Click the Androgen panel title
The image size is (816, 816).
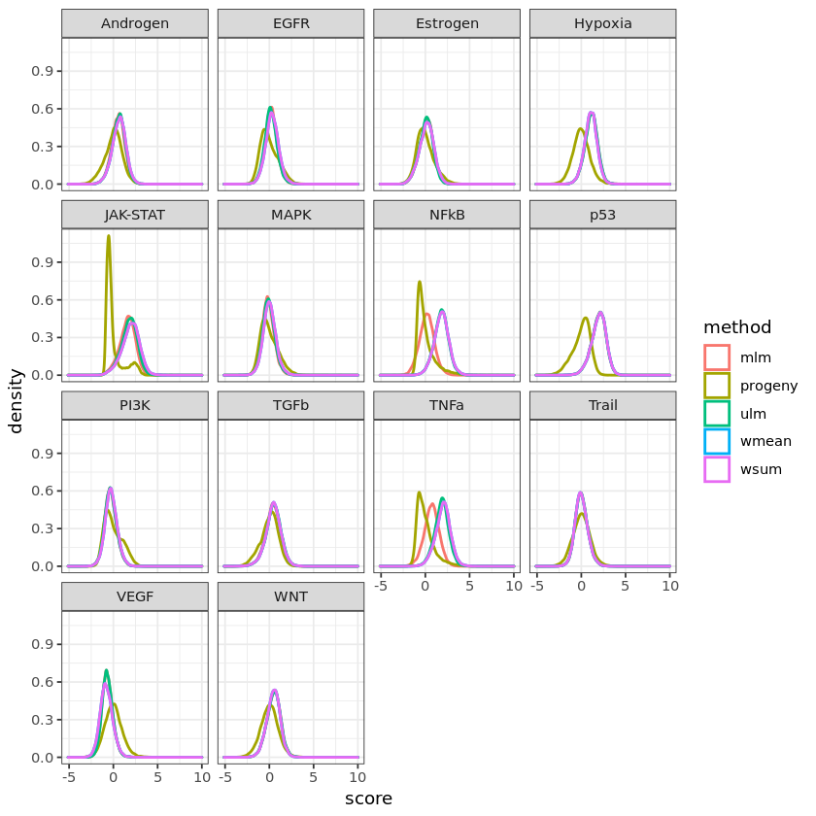point(134,23)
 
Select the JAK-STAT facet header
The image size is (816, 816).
point(134,215)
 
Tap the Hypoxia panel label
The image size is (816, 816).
point(602,23)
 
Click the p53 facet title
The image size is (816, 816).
point(602,215)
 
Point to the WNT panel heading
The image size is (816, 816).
point(290,596)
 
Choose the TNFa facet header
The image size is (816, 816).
point(446,405)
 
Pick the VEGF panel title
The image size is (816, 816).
point(134,596)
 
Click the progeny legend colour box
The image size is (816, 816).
point(717,386)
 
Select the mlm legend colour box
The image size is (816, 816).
point(717,357)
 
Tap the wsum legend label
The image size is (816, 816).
point(756,469)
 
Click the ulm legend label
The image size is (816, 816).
point(750,414)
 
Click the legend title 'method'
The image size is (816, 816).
point(737,327)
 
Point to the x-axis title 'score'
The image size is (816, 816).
point(368,799)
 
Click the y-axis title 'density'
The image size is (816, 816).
point(16,400)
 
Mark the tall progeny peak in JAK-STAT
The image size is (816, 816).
point(108,236)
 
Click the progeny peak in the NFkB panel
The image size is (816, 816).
point(419,283)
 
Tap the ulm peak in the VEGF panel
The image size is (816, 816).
point(106,670)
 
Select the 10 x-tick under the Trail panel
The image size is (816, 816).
point(668,586)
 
